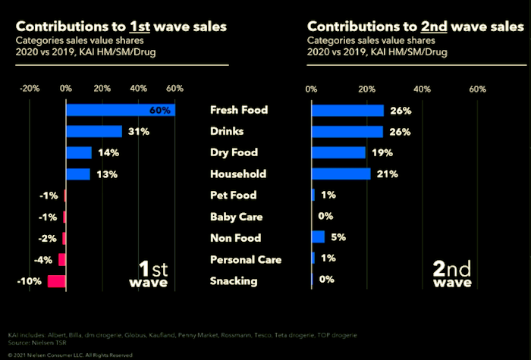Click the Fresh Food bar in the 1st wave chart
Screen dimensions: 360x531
point(120,110)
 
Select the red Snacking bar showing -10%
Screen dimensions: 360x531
point(57,281)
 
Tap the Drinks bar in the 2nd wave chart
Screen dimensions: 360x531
point(347,132)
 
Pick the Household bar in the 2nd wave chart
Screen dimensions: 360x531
point(341,174)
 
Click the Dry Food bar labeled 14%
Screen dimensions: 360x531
point(79,153)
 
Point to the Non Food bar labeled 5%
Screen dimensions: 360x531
point(319,237)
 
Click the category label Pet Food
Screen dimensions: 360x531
point(234,196)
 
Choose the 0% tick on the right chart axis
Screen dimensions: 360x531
point(312,89)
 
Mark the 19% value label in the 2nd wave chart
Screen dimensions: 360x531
point(382,153)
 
